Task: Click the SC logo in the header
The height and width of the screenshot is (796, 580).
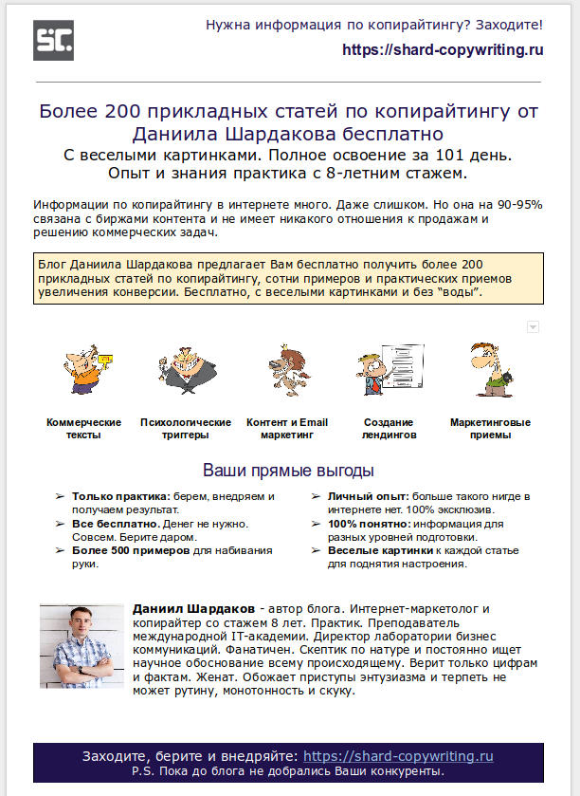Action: (53, 40)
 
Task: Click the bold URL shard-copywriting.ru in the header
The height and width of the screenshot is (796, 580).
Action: (443, 50)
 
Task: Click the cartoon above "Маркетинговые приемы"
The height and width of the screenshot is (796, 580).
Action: (490, 368)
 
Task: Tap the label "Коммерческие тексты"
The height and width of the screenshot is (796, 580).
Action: (84, 429)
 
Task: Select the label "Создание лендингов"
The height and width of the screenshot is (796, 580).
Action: (388, 429)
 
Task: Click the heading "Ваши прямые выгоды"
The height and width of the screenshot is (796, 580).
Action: (289, 471)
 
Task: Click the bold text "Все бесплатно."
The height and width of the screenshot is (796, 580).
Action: (114, 524)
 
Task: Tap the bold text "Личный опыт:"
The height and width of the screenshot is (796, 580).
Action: (367, 496)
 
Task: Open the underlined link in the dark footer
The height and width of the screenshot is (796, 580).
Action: (398, 756)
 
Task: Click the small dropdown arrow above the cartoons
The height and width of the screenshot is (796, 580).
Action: (533, 326)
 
